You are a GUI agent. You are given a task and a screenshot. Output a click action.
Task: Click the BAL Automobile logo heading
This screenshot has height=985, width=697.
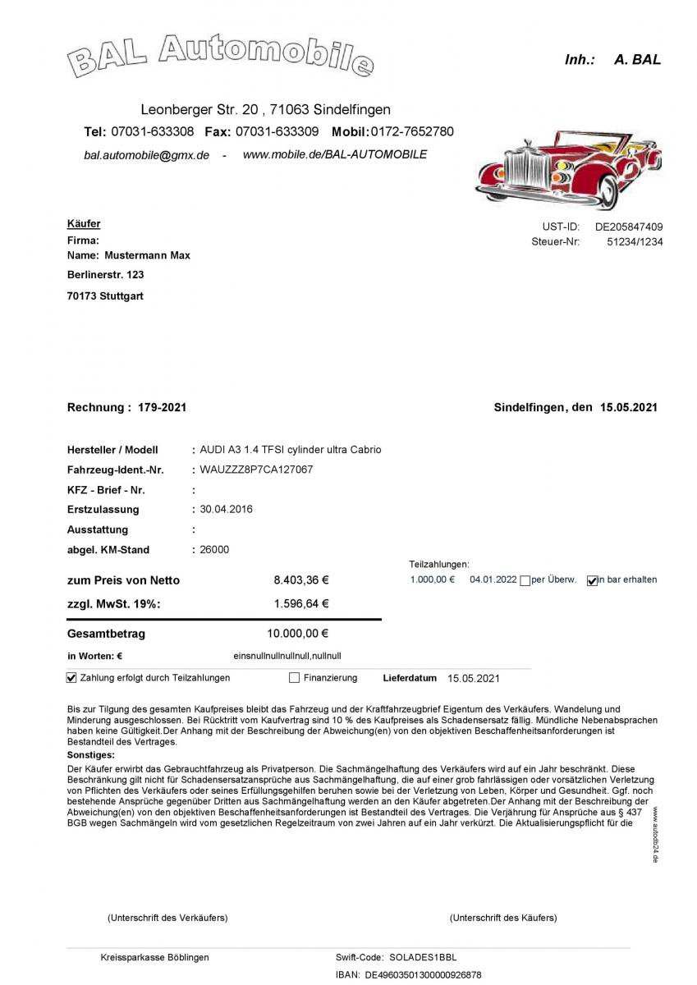(x=220, y=56)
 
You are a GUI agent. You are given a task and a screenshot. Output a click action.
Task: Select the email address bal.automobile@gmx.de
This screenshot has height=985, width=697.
(x=146, y=155)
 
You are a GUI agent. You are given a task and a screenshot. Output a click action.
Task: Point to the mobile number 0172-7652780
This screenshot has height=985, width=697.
(x=412, y=131)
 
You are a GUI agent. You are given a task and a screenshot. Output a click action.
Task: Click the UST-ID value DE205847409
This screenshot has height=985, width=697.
(x=629, y=227)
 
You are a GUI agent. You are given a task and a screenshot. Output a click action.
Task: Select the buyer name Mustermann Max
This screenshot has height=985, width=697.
(x=147, y=255)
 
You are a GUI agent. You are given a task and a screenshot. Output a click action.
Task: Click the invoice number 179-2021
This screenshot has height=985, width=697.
(x=163, y=407)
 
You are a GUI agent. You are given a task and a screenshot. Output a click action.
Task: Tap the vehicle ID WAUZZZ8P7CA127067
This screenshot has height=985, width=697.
(x=256, y=470)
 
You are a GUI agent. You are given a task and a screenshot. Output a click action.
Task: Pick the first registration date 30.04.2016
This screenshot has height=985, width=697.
(x=227, y=509)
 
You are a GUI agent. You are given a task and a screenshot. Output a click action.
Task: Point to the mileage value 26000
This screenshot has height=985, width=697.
(x=215, y=550)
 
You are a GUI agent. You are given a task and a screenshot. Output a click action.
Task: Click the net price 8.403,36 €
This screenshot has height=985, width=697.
(x=300, y=580)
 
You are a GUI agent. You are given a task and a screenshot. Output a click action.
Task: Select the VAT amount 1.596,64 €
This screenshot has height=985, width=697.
(x=300, y=603)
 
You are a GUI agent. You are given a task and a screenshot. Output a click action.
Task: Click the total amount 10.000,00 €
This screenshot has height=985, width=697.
(x=297, y=633)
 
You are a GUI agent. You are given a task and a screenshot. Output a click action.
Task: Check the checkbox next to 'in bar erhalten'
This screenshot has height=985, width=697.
(x=593, y=580)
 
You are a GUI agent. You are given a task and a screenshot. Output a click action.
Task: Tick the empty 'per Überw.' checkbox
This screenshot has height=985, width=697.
(x=525, y=580)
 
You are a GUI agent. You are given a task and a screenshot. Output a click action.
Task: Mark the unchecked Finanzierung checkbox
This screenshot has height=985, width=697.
(x=294, y=678)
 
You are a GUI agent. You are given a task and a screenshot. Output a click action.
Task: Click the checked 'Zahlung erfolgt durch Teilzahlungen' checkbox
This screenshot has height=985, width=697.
(x=71, y=678)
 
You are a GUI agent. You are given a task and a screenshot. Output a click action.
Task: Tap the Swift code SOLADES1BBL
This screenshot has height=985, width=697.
(x=423, y=957)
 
